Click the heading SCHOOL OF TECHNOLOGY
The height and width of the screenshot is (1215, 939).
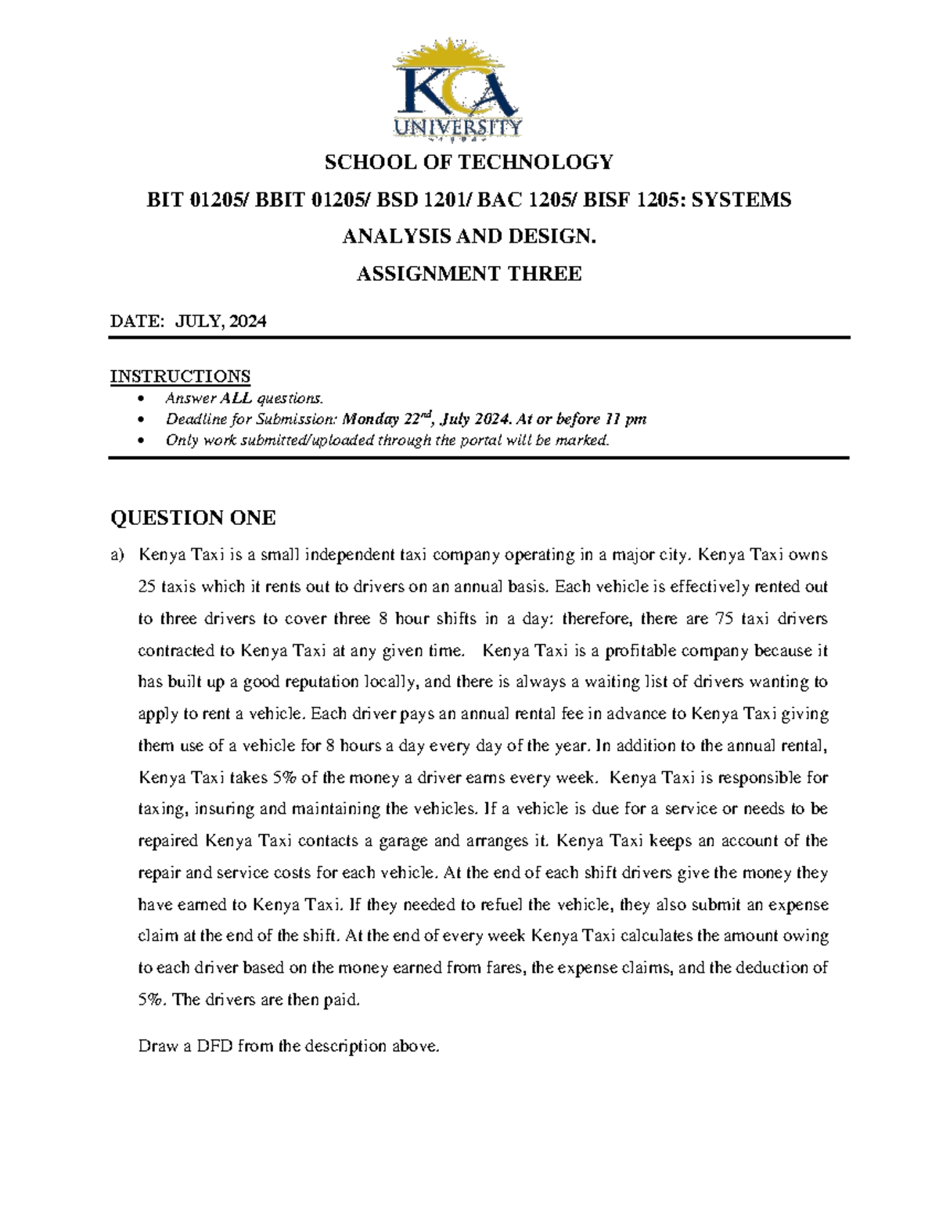pyautogui.click(x=469, y=163)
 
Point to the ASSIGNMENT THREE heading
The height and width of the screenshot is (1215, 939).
pyautogui.click(x=469, y=274)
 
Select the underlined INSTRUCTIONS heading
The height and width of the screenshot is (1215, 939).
pyautogui.click(x=180, y=376)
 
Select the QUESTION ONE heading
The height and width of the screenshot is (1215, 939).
pyautogui.click(x=192, y=518)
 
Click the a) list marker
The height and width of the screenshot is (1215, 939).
pyautogui.click(x=117, y=555)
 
